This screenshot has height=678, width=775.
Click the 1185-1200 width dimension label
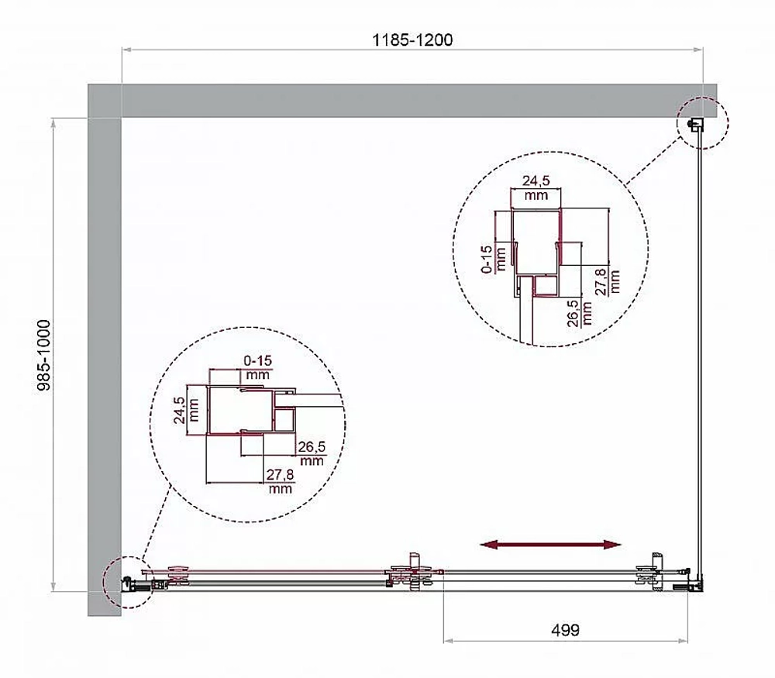[412, 40]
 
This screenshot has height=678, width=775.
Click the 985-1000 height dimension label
[44, 355]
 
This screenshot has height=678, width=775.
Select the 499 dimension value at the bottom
[565, 630]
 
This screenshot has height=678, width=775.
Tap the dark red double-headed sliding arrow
[550, 545]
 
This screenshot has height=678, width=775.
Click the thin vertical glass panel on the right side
[699, 356]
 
